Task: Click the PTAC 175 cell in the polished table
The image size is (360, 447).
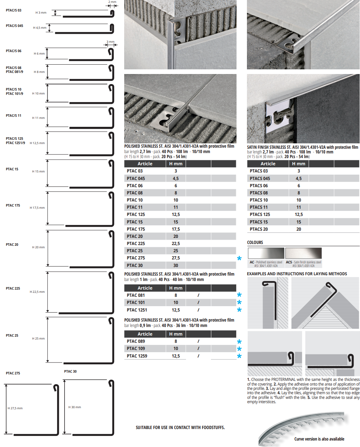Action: point(136,229)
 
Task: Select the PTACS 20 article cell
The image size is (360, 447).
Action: point(258,229)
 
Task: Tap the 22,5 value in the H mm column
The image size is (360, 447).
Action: point(176,243)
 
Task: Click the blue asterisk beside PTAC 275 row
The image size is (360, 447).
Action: point(239,258)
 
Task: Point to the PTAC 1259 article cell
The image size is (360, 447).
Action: point(137,356)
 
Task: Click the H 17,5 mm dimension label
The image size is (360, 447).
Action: point(37,208)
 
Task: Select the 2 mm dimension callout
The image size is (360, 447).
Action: point(112,2)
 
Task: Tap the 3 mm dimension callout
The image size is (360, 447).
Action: point(111,42)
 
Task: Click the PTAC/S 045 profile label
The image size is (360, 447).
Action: point(14,26)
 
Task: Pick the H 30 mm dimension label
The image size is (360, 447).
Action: point(75,413)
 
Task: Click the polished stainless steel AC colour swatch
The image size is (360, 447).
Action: point(266,253)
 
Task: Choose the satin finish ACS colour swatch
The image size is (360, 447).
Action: point(304,253)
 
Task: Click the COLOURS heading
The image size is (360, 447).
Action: point(255,243)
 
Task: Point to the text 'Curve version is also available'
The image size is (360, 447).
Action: point(319,439)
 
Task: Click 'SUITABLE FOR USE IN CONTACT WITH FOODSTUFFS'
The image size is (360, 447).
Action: point(180,428)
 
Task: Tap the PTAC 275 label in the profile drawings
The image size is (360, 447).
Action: point(13,373)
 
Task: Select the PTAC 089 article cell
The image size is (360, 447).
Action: point(136,341)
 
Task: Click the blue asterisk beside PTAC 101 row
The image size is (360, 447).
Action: point(239,303)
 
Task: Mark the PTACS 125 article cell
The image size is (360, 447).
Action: point(260,215)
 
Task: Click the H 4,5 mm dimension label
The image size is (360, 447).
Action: point(39,28)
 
